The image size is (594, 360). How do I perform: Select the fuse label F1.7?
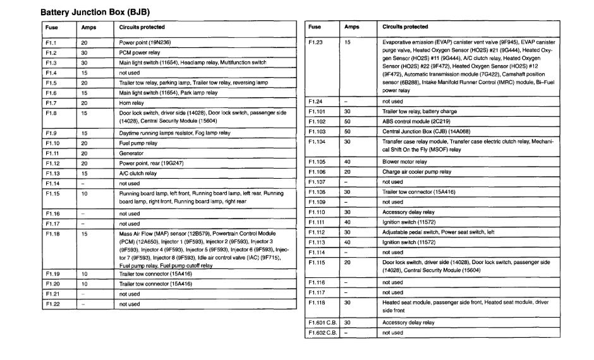(x=51, y=103)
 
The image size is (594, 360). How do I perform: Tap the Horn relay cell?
(x=131, y=103)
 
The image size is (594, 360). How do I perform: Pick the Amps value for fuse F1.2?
(x=85, y=53)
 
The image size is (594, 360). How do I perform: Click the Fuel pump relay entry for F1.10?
(x=138, y=143)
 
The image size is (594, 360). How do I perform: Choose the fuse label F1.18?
(x=52, y=234)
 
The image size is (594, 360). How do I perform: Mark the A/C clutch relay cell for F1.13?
(x=138, y=174)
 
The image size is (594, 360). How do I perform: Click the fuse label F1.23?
(x=316, y=42)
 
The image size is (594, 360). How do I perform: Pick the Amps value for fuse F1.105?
(x=348, y=162)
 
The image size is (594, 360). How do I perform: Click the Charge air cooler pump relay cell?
(x=417, y=172)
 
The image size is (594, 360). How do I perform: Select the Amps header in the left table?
(x=88, y=28)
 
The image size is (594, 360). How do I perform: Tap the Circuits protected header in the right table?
(x=406, y=27)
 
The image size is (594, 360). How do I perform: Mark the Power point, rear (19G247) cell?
(x=147, y=164)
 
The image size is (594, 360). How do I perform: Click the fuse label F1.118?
(x=317, y=303)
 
